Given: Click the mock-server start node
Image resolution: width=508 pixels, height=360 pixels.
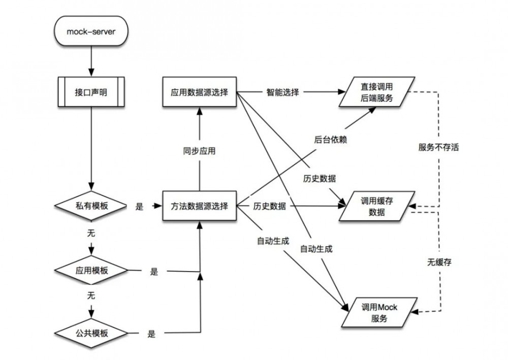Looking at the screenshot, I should [91, 33].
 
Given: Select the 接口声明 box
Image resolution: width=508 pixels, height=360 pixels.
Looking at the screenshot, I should [91, 92].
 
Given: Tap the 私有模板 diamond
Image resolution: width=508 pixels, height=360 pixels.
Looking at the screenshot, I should [91, 206].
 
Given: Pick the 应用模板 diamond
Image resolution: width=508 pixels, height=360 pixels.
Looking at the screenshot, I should [91, 270].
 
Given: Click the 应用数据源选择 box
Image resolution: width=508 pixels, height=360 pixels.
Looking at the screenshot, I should [199, 92].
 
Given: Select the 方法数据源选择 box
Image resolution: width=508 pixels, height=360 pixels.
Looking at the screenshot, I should [199, 206].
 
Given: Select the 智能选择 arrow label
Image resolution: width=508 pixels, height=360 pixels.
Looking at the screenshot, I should [283, 92].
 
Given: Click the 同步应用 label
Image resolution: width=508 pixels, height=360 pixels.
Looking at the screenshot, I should [199, 151].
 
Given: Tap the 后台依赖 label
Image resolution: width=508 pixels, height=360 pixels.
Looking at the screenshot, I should [331, 140].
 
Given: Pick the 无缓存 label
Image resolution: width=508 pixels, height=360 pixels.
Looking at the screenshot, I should [439, 262].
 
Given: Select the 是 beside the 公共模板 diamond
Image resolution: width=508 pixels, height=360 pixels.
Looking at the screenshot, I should [151, 334].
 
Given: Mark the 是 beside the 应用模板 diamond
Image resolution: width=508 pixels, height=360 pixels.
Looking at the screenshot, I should [154, 272].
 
